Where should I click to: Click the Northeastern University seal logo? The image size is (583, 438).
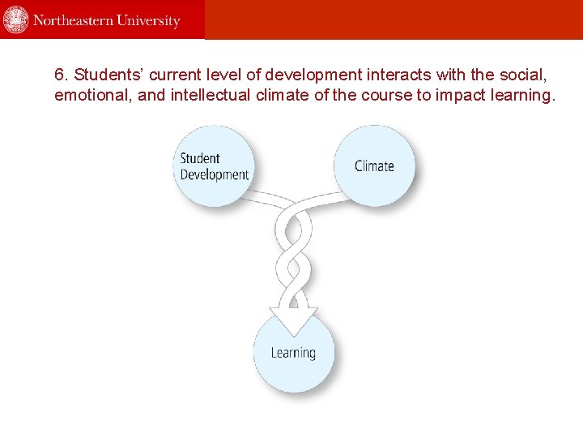pos(16,19)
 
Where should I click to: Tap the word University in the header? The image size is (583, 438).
pos(150,21)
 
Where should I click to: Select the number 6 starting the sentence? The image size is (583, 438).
pos(59,75)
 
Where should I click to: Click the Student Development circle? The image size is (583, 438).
pos(213,165)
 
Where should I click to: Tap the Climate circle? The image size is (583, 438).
pos(375,165)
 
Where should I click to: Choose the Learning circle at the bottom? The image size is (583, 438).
pos(293,353)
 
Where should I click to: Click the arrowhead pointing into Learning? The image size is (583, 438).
pos(292,321)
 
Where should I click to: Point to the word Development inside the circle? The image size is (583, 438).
pos(214,174)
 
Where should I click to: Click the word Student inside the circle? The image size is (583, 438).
pos(200,158)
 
